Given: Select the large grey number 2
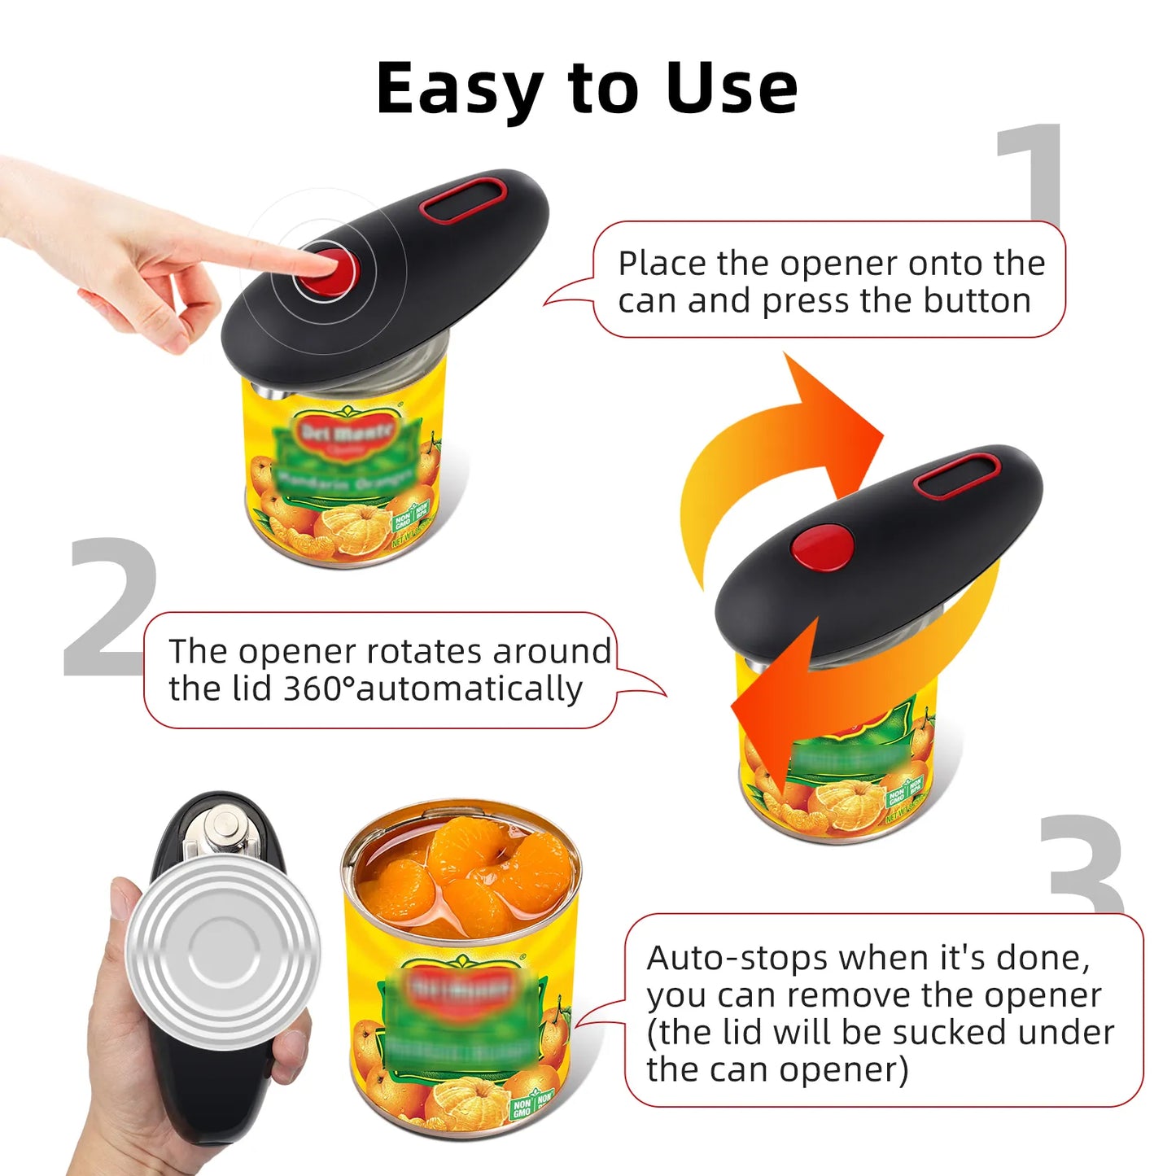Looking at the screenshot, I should [x=110, y=606].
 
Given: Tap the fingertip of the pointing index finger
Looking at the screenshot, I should [x=313, y=262].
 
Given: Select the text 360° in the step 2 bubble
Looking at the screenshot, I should [x=318, y=689].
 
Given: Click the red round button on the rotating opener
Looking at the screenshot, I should [x=823, y=546].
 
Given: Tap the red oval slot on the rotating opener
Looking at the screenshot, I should [x=956, y=476].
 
